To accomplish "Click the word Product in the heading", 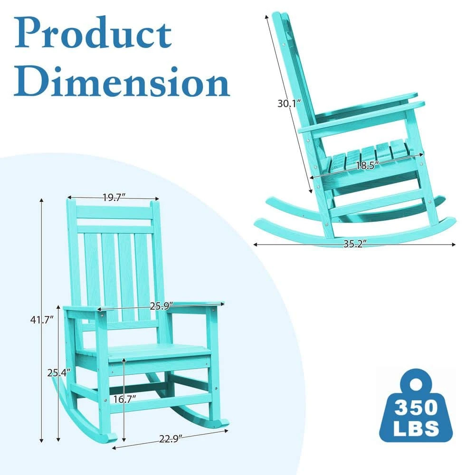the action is click(x=93, y=33).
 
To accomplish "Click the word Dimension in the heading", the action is click(x=122, y=82).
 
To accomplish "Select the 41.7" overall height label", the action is click(x=42, y=319).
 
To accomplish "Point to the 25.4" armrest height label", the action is click(x=59, y=372).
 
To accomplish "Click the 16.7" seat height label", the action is click(x=124, y=399).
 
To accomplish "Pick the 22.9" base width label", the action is click(x=171, y=438).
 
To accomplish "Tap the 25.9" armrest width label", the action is click(x=161, y=306).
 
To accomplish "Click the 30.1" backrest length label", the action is click(x=289, y=103).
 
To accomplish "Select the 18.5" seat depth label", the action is click(x=368, y=165).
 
